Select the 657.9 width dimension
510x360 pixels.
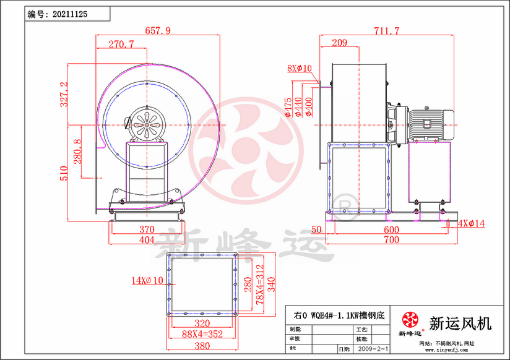click(158, 30)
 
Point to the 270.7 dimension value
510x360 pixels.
click(121, 44)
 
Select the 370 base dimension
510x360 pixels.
click(146, 229)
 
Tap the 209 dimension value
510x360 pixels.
click(339, 43)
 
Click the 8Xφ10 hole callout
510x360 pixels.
click(300, 68)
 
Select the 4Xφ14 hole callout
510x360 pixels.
click(472, 223)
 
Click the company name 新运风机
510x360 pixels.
click(460, 323)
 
